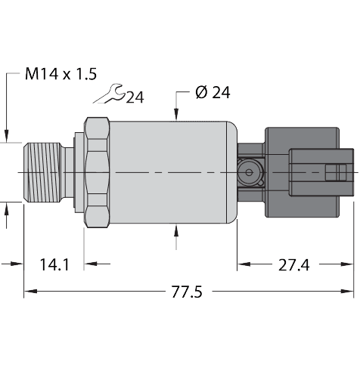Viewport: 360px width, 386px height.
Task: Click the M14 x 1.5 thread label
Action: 60,74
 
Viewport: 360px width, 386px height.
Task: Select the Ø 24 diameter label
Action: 212,93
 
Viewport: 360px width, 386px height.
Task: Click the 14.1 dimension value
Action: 54,264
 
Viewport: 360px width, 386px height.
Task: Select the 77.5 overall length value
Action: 186,291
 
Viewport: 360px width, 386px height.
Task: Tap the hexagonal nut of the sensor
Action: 97,173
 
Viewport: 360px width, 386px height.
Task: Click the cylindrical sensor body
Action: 170,173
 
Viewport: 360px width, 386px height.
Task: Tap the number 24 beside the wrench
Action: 135,97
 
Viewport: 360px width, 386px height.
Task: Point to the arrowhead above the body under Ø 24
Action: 176,115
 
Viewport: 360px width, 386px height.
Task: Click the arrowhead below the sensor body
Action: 176,232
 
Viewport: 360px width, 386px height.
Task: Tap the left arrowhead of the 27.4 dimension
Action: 243,264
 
